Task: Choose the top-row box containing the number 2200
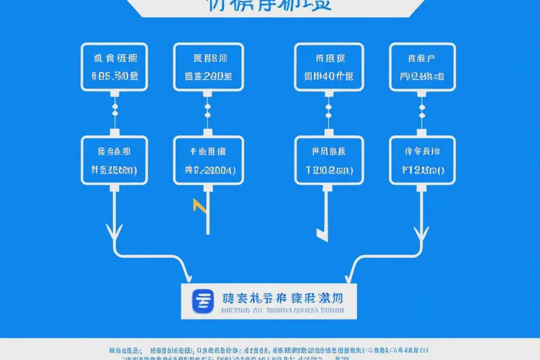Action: (x=208, y=66)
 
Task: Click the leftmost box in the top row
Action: (x=114, y=66)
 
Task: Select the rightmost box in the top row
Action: (x=420, y=66)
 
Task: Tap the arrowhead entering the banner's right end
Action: (x=351, y=275)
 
